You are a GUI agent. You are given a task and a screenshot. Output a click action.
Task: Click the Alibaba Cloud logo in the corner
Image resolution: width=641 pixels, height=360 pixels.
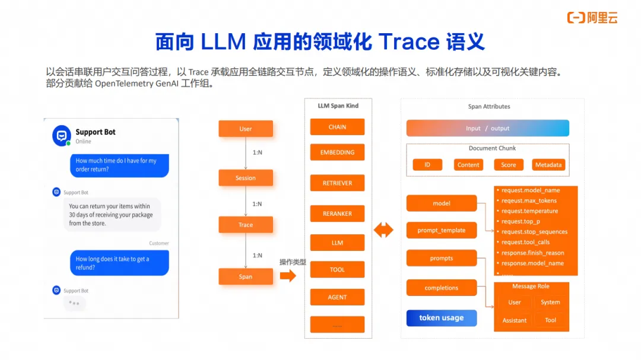coord(592,18)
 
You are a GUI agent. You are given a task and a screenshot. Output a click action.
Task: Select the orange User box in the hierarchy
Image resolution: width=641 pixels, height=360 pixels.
coord(246,129)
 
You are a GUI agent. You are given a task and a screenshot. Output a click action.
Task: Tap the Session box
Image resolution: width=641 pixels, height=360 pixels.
coord(246,178)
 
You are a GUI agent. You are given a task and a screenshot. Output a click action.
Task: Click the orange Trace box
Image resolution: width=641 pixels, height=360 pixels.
coord(246,225)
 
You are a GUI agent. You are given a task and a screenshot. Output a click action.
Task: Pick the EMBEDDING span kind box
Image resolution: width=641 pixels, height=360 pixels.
coord(337,152)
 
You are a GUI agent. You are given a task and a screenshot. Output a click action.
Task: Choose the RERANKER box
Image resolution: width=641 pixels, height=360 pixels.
coord(337,214)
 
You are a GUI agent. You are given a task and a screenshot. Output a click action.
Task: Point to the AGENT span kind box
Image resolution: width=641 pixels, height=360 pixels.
coord(337,297)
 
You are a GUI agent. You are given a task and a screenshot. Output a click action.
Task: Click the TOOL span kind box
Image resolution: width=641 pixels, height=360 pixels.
coord(337,270)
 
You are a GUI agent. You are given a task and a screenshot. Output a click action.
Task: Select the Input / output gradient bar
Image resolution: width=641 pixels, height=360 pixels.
coord(487,128)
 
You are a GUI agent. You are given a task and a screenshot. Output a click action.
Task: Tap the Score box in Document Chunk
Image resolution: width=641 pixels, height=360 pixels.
coord(509,165)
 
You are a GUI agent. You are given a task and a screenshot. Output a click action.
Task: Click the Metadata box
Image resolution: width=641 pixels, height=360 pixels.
coord(548,165)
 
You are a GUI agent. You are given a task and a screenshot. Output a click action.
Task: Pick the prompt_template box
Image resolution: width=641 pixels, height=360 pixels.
coord(442,230)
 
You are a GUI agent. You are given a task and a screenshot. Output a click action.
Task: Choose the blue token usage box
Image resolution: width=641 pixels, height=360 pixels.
coord(442,318)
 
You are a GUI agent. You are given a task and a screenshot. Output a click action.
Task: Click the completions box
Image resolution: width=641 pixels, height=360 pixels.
coord(442,288)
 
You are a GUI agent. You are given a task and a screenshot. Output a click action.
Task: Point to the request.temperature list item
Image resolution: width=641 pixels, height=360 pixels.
coord(529,211)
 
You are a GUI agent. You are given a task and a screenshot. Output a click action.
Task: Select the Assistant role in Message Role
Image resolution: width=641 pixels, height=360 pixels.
coord(515,320)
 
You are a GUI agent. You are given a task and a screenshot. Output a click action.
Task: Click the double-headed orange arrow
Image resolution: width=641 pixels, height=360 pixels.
coord(383,230)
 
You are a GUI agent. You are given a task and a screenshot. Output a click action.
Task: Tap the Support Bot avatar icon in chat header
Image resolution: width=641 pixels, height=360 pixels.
coord(62,136)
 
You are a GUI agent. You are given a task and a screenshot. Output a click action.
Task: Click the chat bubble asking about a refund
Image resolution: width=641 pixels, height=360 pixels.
coord(118,263)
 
